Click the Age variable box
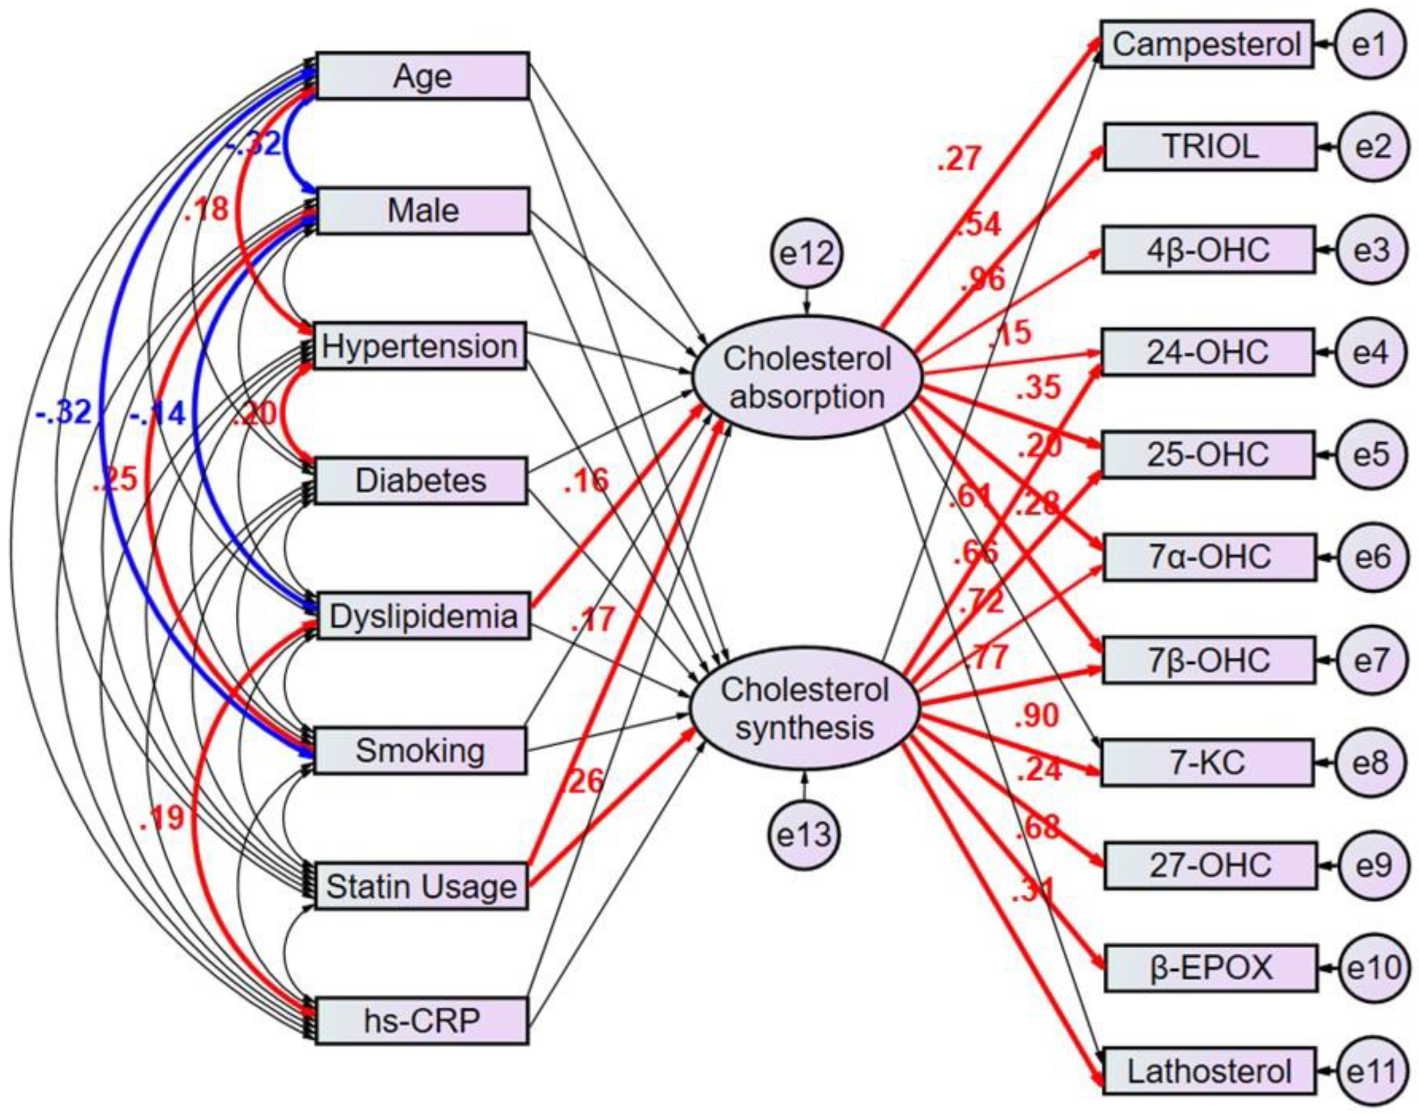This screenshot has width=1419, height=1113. (x=422, y=76)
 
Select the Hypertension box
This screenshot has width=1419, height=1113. (x=420, y=346)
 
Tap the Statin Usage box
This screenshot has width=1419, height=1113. (x=421, y=886)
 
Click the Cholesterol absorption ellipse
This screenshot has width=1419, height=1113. (x=807, y=377)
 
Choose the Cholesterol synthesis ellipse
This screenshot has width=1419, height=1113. (x=804, y=708)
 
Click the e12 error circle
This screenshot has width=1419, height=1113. (x=807, y=253)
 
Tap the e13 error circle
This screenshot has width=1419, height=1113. (x=804, y=835)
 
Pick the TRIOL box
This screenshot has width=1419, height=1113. (x=1210, y=147)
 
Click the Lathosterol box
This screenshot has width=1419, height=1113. (x=1209, y=1072)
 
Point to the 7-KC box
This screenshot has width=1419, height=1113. (x=1207, y=762)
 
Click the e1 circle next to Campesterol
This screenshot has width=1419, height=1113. (x=1370, y=44)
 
